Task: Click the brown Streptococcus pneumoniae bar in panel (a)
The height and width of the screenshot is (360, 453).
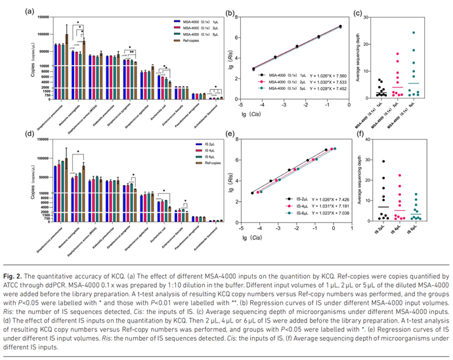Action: click(66, 39)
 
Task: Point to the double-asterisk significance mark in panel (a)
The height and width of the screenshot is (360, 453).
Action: click(132, 52)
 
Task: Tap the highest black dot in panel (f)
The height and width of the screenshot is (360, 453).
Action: click(382, 161)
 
